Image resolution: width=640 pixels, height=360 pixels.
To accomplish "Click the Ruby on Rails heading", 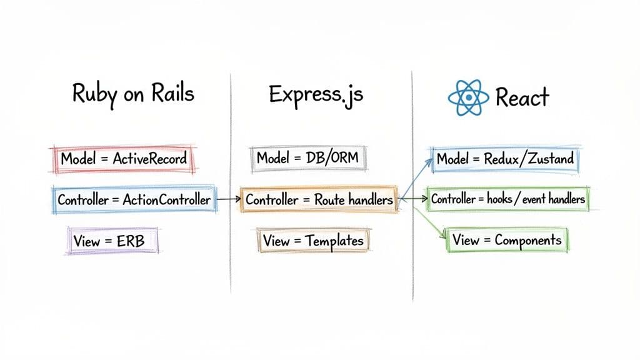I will point(133,94).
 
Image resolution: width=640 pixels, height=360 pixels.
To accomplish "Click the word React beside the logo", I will point(521,97).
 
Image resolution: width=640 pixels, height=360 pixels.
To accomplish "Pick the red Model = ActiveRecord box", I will point(123,159).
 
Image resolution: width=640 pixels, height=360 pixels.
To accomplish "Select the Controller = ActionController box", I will point(134,200).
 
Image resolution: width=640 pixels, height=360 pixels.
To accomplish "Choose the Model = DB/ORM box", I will point(307,159).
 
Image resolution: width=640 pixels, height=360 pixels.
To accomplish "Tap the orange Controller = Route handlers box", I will point(319,200).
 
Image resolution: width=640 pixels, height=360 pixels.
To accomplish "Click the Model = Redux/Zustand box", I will point(505,159).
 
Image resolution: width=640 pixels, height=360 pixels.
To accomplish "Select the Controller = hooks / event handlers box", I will point(507,199).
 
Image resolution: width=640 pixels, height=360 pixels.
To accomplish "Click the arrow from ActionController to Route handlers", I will point(227,200).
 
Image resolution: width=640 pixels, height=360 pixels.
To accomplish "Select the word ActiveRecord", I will point(149,159).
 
